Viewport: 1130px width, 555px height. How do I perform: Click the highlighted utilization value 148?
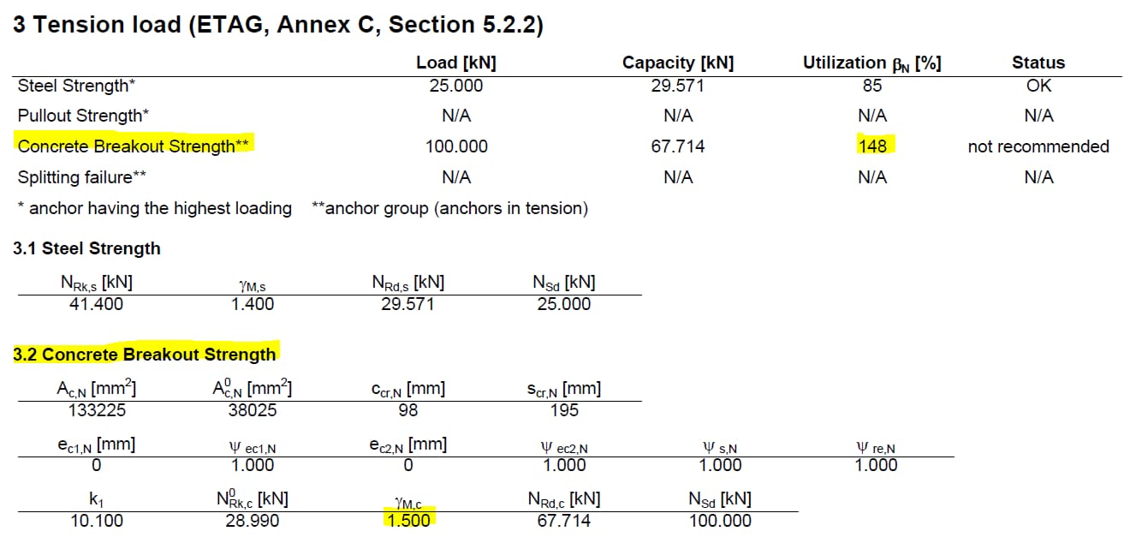point(872,146)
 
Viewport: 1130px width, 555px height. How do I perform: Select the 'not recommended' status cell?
point(1038,146)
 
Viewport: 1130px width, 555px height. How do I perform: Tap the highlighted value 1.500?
point(408,521)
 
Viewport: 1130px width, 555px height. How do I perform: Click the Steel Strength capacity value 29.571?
point(677,86)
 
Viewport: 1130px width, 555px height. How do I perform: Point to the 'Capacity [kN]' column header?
point(677,63)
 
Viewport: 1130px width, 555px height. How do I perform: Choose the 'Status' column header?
point(1038,63)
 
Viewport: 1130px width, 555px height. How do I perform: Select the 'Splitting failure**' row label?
point(82,177)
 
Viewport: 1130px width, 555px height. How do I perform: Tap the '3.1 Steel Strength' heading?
point(86,248)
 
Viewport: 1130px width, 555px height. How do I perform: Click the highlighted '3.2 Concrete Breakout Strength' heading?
point(145,355)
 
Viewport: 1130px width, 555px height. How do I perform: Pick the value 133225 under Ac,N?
point(97,410)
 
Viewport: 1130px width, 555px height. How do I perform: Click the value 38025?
point(253,410)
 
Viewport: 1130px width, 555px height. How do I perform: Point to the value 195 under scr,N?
point(564,410)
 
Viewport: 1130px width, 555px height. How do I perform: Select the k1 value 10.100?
point(97,521)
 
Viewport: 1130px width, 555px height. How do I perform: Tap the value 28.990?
point(253,521)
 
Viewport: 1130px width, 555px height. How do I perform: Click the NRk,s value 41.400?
point(96,304)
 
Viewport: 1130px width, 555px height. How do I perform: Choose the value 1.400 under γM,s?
point(253,304)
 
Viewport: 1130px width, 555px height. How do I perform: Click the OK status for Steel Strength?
point(1038,86)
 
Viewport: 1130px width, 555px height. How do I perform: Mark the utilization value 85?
point(872,86)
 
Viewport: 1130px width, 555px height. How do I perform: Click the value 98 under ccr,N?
point(408,410)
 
